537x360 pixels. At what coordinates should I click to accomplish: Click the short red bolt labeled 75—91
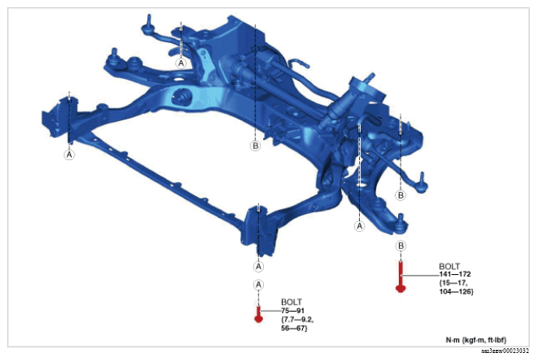pyautogui.click(x=258, y=315)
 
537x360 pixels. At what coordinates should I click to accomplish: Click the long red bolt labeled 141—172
pyautogui.click(x=400, y=276)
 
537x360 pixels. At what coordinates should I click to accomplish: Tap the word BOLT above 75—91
pyautogui.click(x=291, y=302)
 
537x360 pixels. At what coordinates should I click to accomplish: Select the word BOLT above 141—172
pyautogui.click(x=450, y=266)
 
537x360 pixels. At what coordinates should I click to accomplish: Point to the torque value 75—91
pyautogui.click(x=293, y=311)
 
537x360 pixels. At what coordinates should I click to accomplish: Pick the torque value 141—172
pyautogui.click(x=455, y=274)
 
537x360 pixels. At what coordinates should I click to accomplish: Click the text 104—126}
pyautogui.click(x=456, y=292)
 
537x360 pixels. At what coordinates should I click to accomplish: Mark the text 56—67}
pyautogui.click(x=293, y=328)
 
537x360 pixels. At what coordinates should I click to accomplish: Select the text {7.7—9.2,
pyautogui.click(x=297, y=319)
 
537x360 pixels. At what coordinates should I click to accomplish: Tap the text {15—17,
pyautogui.click(x=453, y=283)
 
